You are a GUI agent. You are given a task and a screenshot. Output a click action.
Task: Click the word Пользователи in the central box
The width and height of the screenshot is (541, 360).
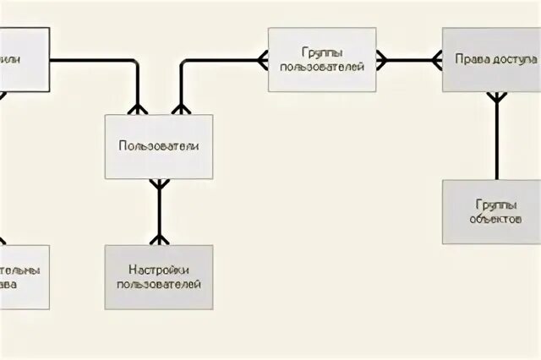pos(159,146)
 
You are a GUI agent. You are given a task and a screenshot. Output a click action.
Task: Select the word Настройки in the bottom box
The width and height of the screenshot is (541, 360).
pos(159,270)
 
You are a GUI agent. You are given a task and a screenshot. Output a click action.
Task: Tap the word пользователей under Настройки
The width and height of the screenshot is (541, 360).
pos(159,284)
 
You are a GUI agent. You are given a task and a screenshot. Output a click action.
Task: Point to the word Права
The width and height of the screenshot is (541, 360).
pos(470,60)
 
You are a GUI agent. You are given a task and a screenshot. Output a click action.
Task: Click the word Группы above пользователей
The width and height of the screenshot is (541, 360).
pos(321,52)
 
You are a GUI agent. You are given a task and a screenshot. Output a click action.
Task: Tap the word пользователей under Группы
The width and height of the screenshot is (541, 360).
pos(321,66)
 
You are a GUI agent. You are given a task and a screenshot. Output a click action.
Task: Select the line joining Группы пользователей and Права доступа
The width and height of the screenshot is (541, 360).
pos(409,60)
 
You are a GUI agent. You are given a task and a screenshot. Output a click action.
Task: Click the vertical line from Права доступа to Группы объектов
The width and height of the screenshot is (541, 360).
pos(497,144)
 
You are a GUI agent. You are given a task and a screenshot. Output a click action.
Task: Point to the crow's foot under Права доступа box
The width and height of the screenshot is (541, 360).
pos(497,98)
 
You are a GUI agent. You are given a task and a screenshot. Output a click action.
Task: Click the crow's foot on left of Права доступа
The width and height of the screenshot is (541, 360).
pos(436,60)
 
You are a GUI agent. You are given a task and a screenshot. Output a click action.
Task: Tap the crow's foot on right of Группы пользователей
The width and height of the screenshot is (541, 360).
pos(381,60)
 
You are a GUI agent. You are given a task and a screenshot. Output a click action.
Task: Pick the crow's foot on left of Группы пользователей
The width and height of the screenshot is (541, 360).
pos(262,60)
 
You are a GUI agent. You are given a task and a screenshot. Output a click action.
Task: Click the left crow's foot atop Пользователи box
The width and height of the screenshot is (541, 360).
pos(137,108)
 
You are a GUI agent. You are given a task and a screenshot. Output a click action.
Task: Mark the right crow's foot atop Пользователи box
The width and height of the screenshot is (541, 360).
pos(179,108)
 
